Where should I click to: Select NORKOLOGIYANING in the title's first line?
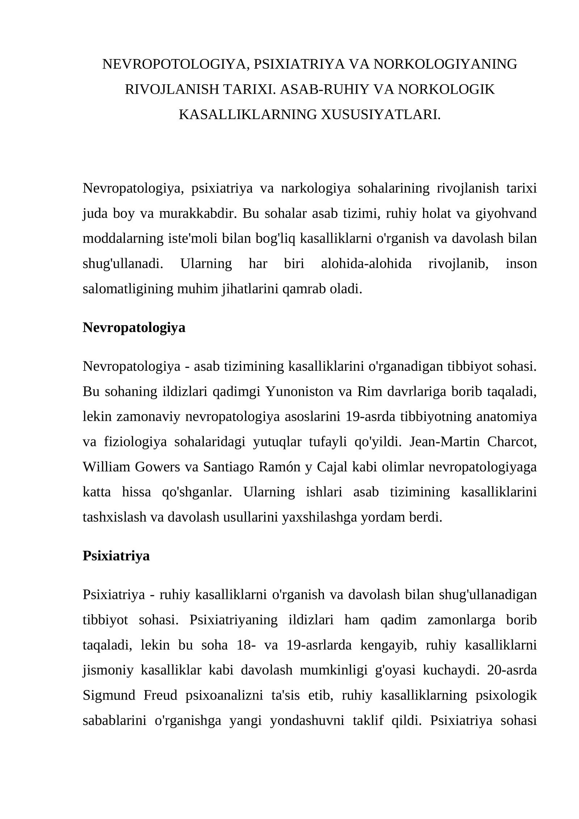(445, 64)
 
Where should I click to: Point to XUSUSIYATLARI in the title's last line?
(381, 114)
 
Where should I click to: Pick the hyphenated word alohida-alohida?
(366, 264)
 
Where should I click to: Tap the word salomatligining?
(128, 289)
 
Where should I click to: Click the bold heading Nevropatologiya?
(134, 327)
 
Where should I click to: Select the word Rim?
(365, 391)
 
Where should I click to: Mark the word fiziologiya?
(135, 442)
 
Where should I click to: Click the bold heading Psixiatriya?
(116, 556)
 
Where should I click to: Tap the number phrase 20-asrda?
(512, 670)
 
